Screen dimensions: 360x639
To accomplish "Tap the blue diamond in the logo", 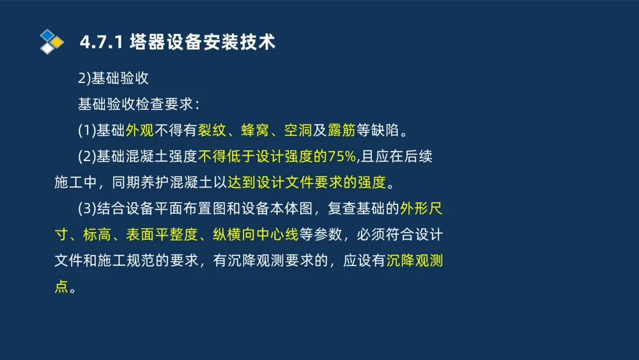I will [47, 35].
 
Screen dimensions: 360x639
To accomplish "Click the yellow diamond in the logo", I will [58, 42].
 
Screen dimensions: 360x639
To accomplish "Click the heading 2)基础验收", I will [113, 79].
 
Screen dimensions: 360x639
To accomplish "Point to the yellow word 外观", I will [139, 130].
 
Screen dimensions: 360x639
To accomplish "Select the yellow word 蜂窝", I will [256, 130].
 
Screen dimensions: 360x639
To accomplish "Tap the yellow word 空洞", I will [298, 130].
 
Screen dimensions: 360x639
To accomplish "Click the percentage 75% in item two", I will [343, 157].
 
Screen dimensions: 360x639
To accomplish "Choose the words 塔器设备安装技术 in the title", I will [202, 42].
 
